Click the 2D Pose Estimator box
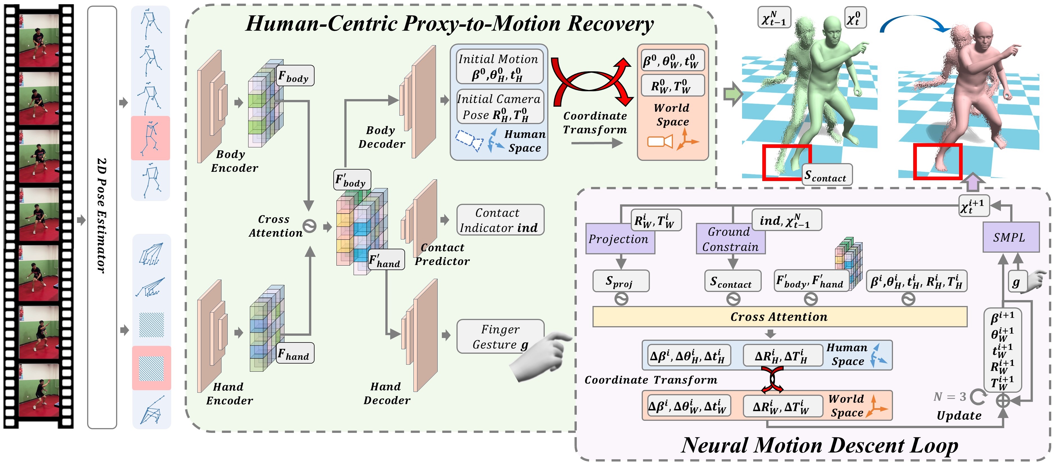coord(102,217)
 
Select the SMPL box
coord(1011,237)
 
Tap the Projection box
coord(620,239)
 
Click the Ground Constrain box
coord(731,239)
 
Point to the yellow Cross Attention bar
coord(780,317)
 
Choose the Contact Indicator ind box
coord(500,220)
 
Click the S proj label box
coord(621,281)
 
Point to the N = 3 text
coord(949,396)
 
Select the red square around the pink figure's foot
coord(938,161)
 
